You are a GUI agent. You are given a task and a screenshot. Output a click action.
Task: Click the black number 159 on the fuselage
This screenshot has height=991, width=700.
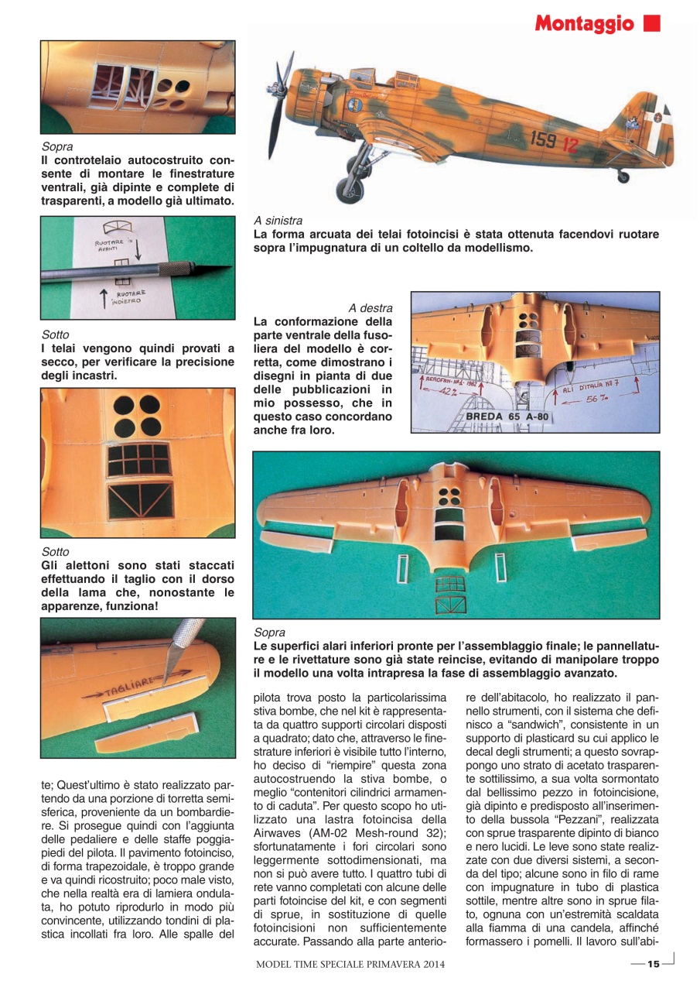pyautogui.click(x=543, y=140)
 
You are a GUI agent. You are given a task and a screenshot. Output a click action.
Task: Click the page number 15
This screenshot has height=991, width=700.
pyautogui.click(x=653, y=964)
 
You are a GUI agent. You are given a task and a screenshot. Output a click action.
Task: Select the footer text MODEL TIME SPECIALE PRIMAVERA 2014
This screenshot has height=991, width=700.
pyautogui.click(x=350, y=965)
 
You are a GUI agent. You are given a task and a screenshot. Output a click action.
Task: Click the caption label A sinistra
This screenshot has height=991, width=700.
pyautogui.click(x=278, y=221)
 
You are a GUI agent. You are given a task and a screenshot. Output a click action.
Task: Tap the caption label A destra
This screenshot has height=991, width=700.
pyautogui.click(x=370, y=307)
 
